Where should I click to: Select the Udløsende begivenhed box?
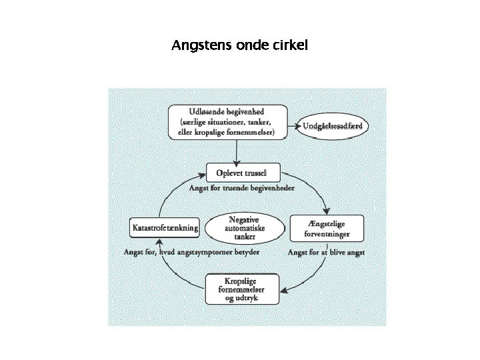pyautogui.click(x=227, y=122)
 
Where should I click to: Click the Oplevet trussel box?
pyautogui.click(x=241, y=173)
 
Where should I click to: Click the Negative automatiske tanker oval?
pyautogui.click(x=243, y=228)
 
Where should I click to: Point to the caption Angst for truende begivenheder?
pyautogui.click(x=242, y=189)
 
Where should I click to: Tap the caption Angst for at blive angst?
pyautogui.click(x=326, y=253)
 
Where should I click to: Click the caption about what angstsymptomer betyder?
pyautogui.click(x=191, y=253)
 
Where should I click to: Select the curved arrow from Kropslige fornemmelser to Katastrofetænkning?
pyautogui.click(x=177, y=273)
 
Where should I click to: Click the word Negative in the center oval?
pyautogui.click(x=243, y=219)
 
